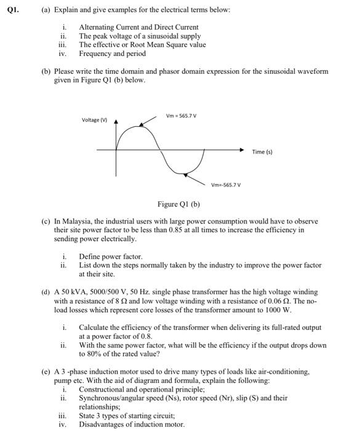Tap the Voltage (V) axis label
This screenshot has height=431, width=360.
click(x=95, y=119)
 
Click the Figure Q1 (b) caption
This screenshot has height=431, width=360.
click(x=179, y=204)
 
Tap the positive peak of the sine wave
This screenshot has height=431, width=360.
click(x=142, y=125)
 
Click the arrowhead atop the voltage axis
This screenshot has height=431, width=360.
click(x=118, y=123)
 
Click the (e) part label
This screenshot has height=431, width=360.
click(x=46, y=373)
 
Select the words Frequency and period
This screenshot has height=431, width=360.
click(x=113, y=54)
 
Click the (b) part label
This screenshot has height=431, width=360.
click(x=46, y=71)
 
